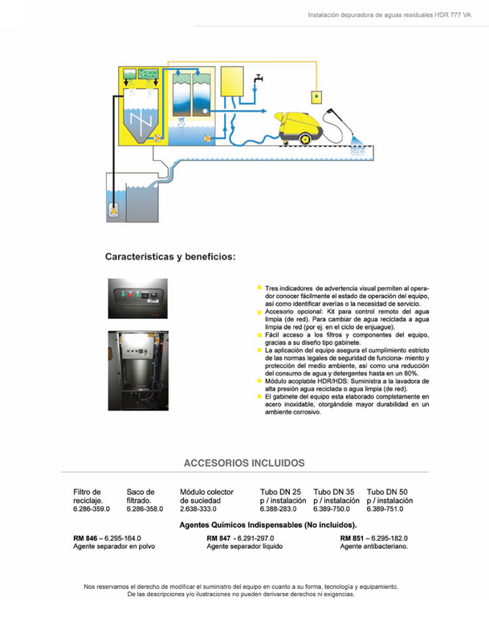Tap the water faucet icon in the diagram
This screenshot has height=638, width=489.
pos(258,79)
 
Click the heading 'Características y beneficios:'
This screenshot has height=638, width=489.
pos(170,257)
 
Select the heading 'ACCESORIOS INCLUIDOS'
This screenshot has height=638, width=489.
pos(244,463)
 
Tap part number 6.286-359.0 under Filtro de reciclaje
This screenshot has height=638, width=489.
pos(91,509)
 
